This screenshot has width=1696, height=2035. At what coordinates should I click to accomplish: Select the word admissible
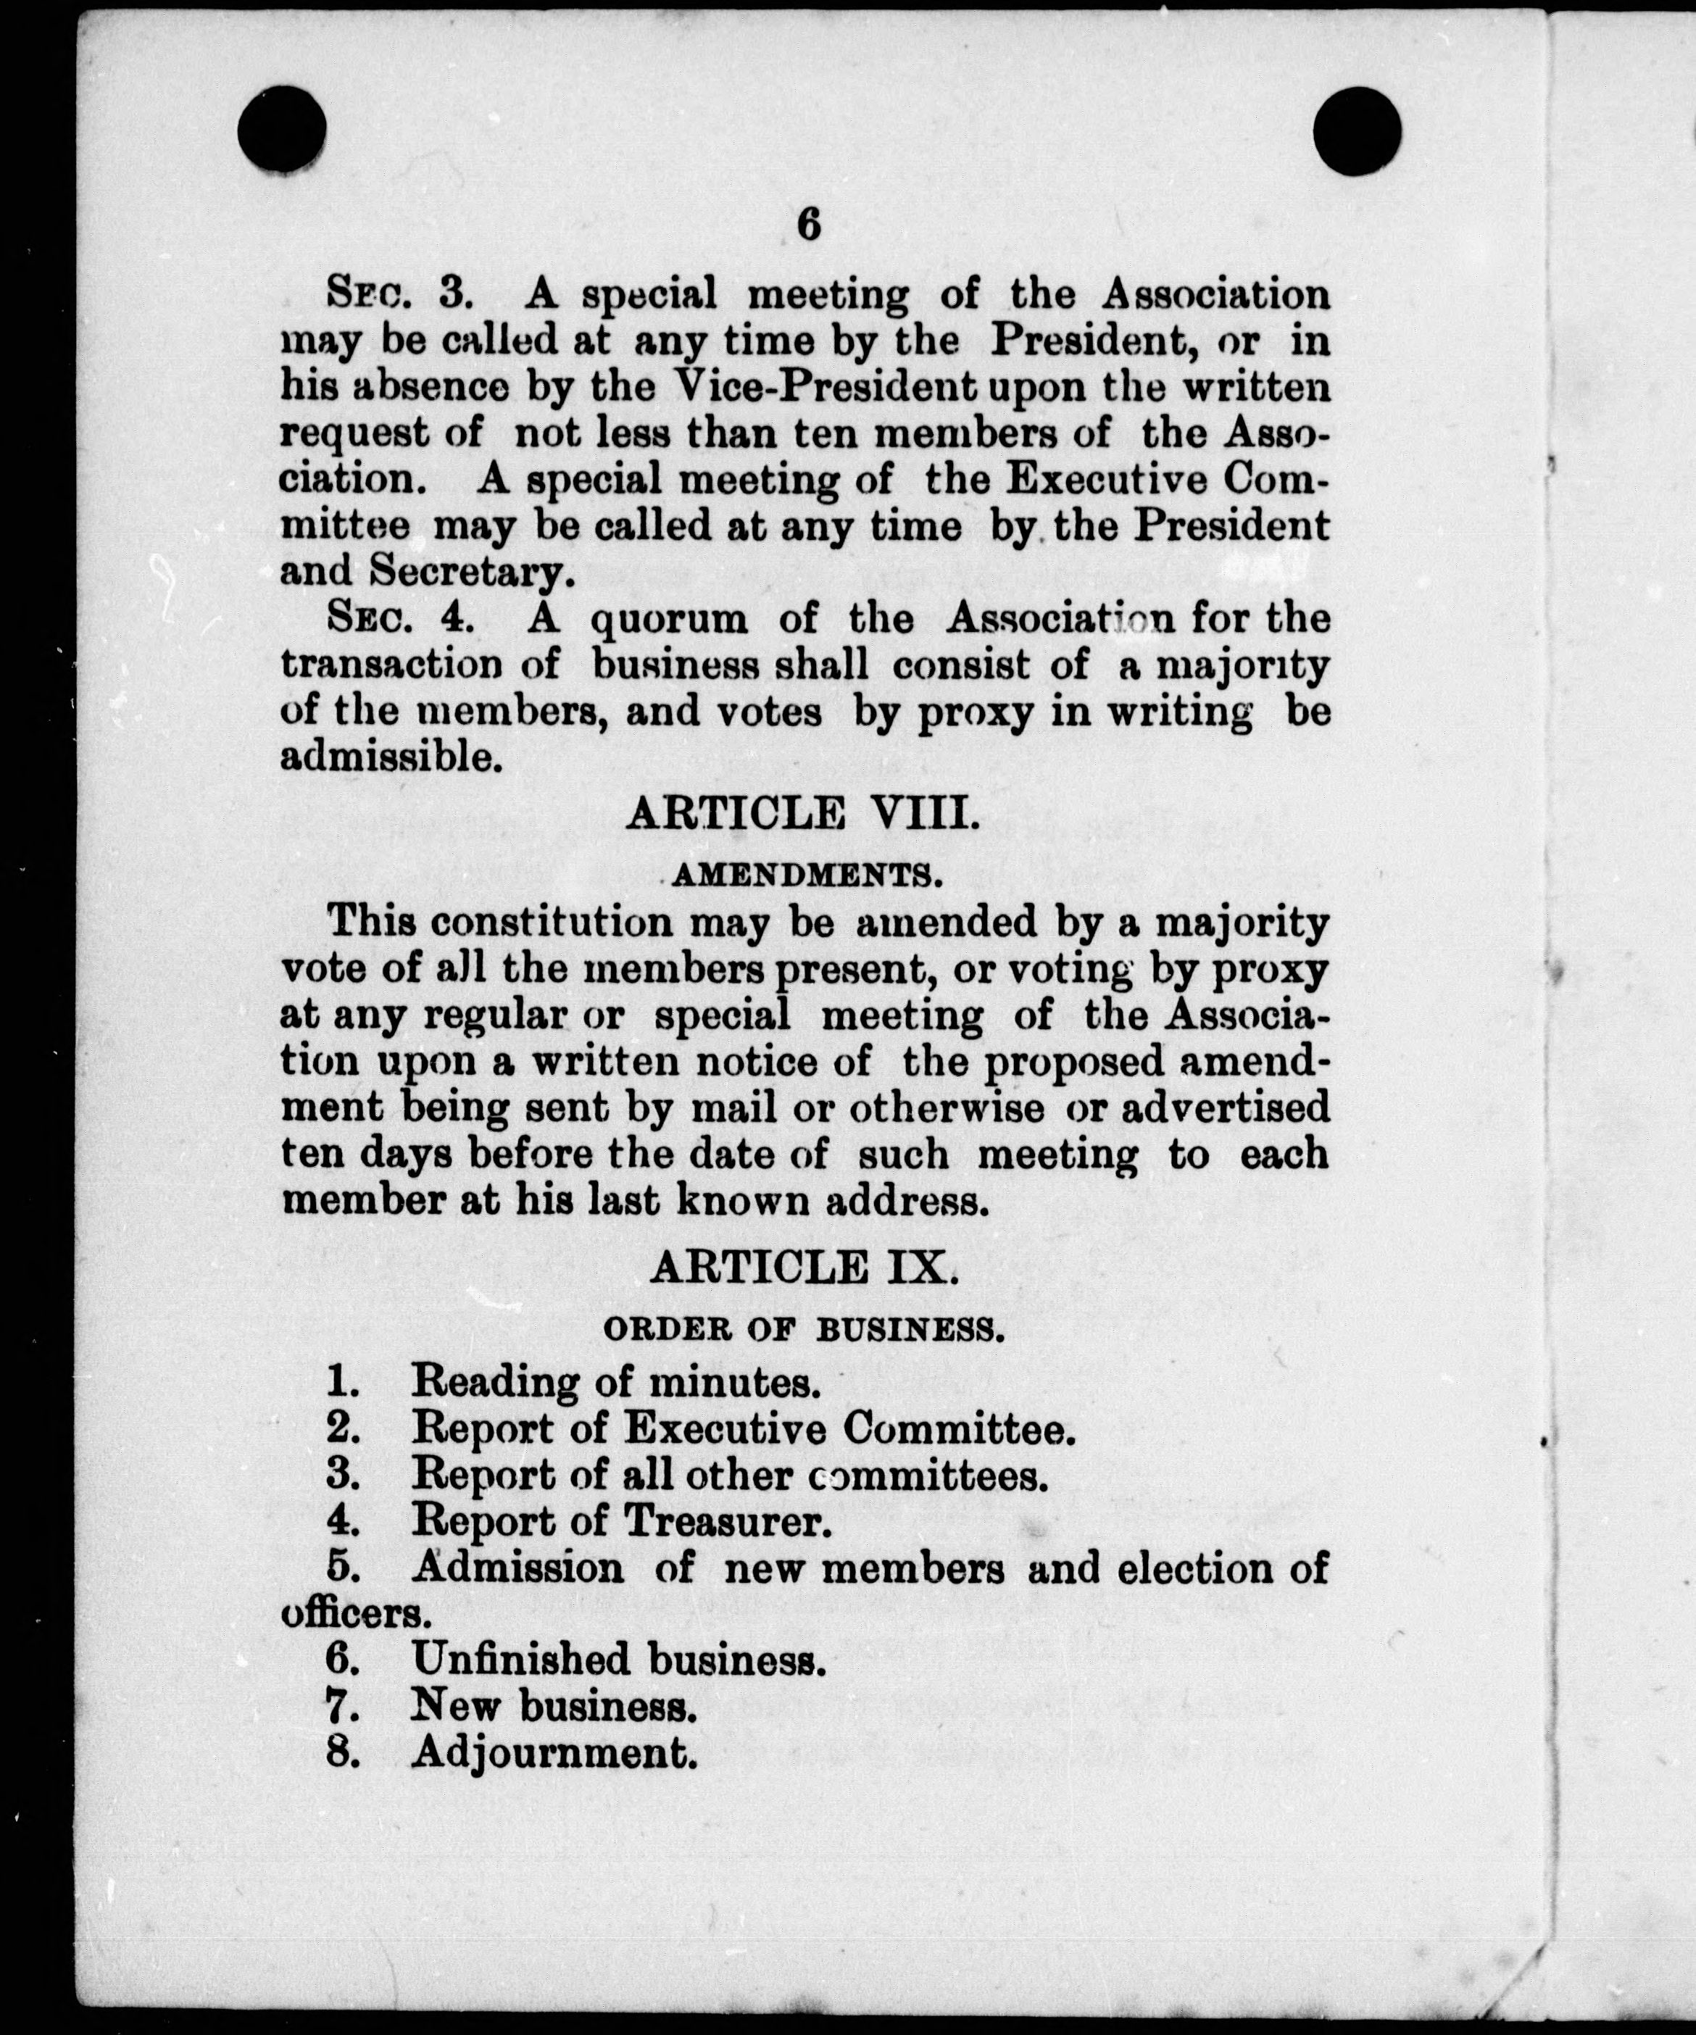390,758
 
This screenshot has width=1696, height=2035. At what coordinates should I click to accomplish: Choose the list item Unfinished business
618,1661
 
